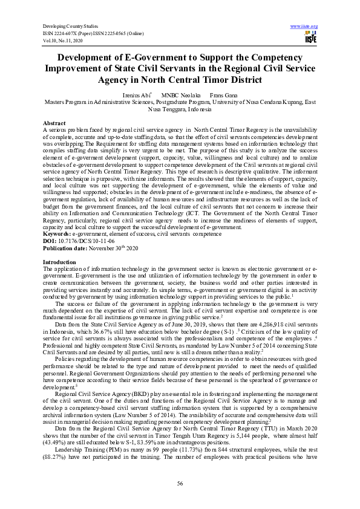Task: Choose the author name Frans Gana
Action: (x=223, y=96)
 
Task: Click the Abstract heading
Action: (x=55, y=122)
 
